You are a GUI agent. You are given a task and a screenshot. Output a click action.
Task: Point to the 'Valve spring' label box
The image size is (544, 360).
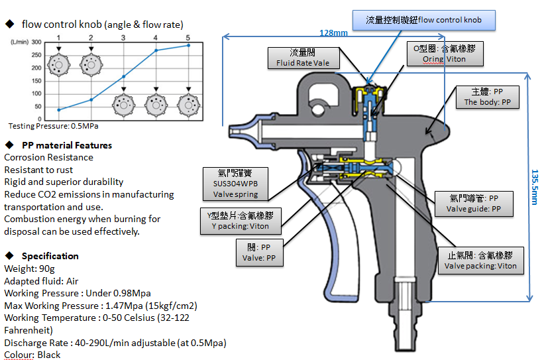tap(236, 183)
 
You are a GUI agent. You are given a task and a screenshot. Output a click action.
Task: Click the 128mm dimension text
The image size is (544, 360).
tap(333, 32)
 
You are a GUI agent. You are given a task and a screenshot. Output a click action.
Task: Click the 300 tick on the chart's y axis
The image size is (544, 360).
tap(36, 42)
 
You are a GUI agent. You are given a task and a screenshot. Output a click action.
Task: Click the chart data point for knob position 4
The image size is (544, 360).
tap(156, 50)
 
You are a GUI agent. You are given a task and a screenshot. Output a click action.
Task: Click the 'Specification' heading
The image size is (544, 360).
tap(50, 256)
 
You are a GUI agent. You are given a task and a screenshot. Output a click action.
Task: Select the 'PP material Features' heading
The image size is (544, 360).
tap(67, 145)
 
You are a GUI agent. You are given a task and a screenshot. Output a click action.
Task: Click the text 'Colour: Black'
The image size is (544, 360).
tap(32, 355)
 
